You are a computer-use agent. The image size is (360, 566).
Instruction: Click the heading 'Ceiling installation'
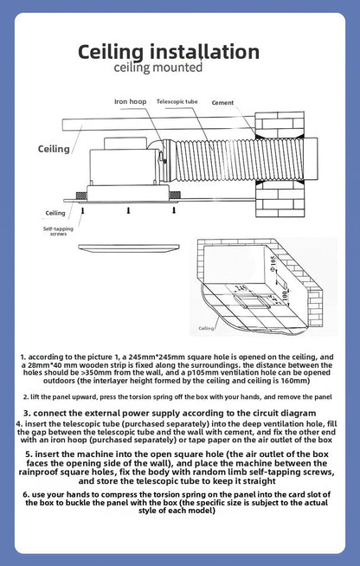(x=180, y=51)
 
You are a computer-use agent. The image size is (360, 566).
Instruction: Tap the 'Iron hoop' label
(x=130, y=101)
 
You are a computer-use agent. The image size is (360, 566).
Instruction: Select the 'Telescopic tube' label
(x=177, y=101)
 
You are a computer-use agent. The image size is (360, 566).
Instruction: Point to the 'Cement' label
(x=222, y=102)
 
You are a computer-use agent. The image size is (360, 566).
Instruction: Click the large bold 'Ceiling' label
(x=54, y=149)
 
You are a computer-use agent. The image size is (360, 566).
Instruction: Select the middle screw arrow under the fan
(x=128, y=209)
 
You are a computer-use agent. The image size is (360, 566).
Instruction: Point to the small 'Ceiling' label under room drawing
(x=207, y=329)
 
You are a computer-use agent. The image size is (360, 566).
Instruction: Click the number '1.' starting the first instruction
(x=23, y=356)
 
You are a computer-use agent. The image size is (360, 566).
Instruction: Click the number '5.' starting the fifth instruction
(x=29, y=453)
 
